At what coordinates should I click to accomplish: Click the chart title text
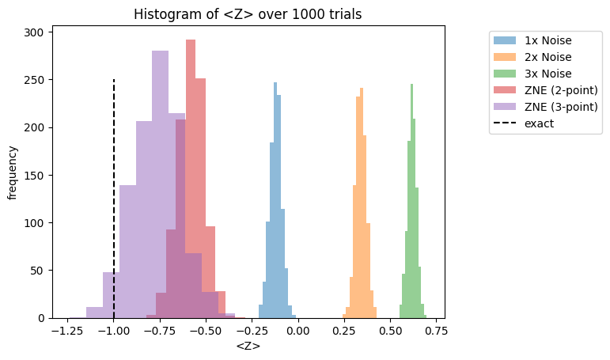pos(248,14)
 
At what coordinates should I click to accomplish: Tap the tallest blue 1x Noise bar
pos(275,198)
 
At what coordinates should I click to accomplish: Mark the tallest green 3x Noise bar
pos(412,198)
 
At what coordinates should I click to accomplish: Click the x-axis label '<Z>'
pos(248,347)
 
